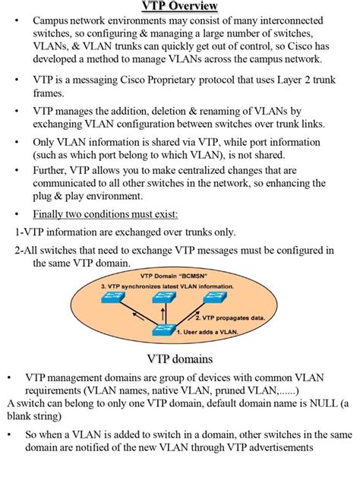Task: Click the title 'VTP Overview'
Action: tap(180, 7)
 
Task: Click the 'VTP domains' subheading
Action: tap(180, 358)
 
